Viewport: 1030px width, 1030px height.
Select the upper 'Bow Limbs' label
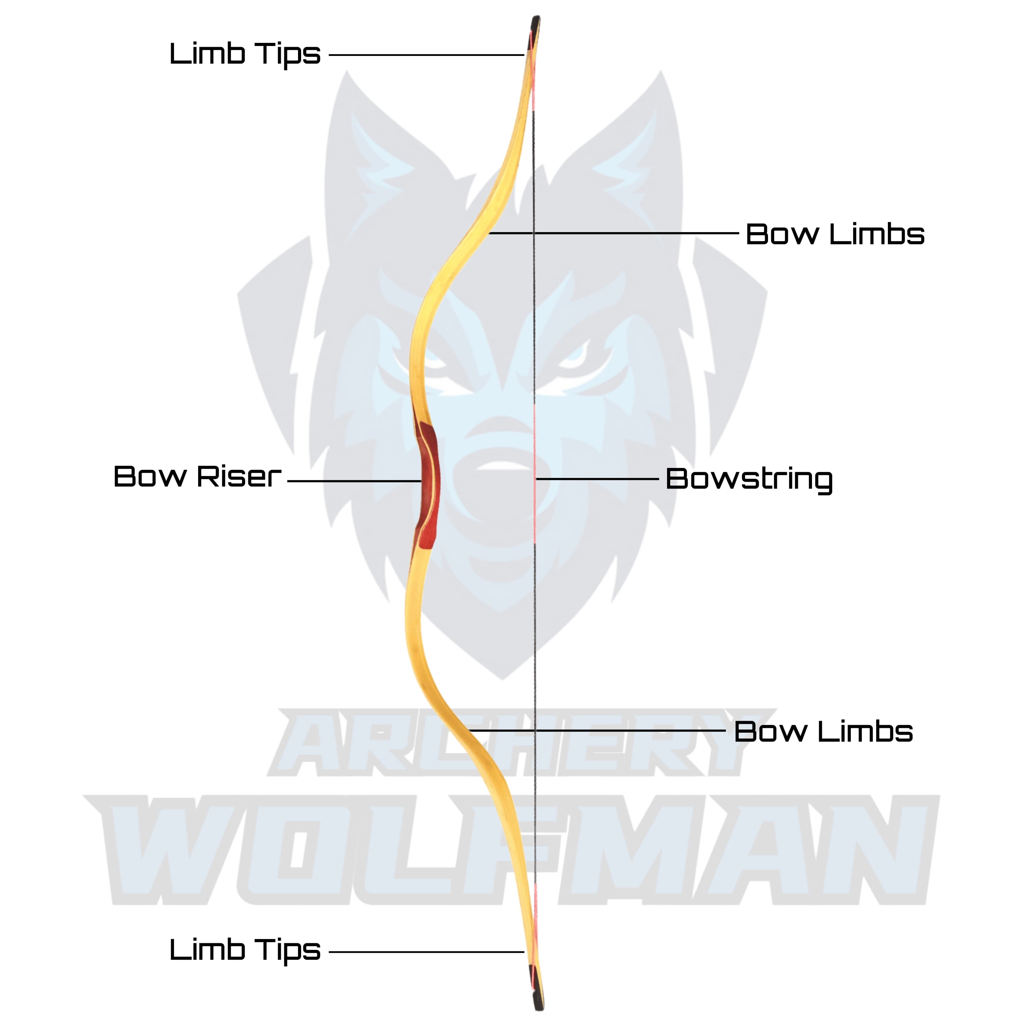pos(834,234)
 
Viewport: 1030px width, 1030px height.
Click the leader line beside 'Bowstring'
pos(597,479)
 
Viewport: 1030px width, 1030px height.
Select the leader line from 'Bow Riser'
pos(355,481)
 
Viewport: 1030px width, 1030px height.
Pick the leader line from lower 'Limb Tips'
pos(426,952)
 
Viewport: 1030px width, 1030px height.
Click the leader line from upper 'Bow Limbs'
pos(613,233)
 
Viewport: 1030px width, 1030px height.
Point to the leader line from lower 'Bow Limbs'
pos(597,730)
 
